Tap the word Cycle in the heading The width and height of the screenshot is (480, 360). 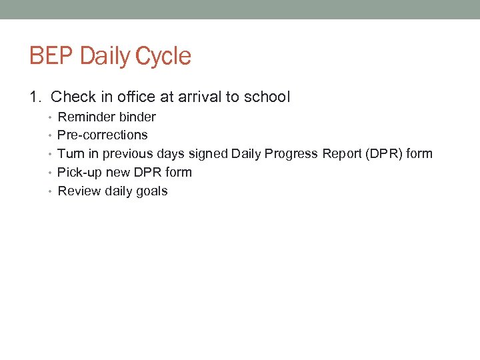coord(163,56)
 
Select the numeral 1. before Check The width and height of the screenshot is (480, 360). coord(36,97)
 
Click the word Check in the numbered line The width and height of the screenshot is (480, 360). coord(72,97)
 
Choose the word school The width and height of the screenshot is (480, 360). coord(267,97)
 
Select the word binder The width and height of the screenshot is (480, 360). coord(137,117)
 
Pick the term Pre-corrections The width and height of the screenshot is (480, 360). coord(103,135)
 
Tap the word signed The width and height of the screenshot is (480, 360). coord(207,154)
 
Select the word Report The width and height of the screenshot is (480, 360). coord(342,154)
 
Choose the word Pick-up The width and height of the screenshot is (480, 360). coord(79,173)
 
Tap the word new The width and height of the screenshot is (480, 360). coord(117,173)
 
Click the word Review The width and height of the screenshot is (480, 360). coord(79,191)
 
